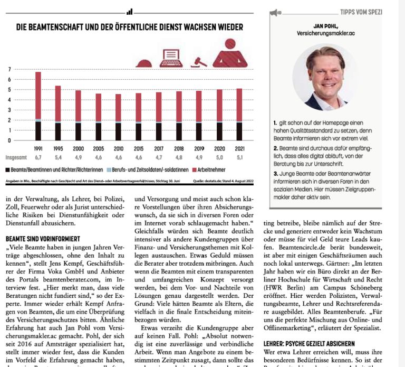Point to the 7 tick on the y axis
(x=9, y=70)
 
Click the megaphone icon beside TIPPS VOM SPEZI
(x=275, y=12)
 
